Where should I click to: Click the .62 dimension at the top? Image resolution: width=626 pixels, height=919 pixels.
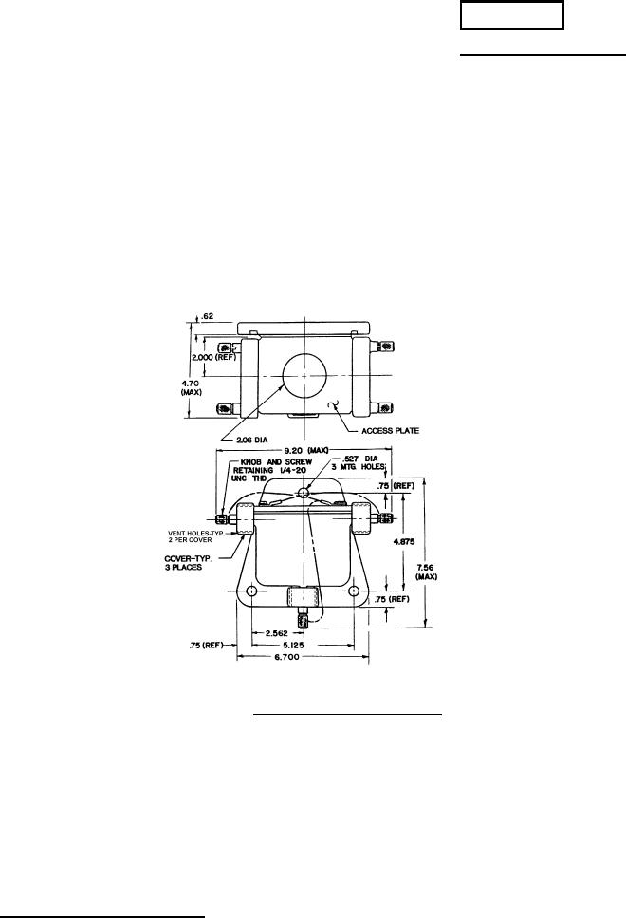pos(207,316)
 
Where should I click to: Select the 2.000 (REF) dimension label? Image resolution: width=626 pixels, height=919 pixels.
pos(213,357)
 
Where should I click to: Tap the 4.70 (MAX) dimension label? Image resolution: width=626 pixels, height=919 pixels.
pos(192,388)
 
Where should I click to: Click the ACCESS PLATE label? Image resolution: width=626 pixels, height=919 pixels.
pos(390,431)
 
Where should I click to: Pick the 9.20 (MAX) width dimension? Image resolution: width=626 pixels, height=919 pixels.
pos(305,450)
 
